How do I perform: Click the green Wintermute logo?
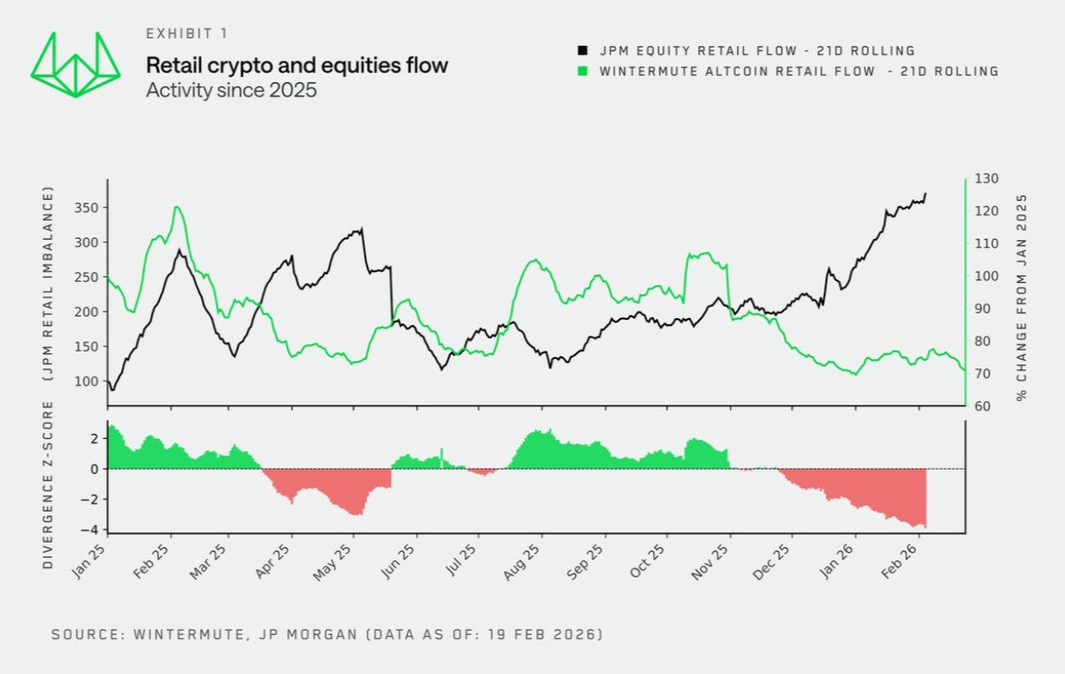75,65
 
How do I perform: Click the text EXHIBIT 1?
187,33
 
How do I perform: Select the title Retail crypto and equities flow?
297,65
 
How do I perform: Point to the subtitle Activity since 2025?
231,90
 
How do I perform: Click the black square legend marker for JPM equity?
583,51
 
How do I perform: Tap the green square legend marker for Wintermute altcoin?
583,71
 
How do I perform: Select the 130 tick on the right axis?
987,179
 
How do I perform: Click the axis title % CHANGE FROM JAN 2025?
1023,298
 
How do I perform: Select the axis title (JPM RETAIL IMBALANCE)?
49,284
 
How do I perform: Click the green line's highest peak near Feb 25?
177,207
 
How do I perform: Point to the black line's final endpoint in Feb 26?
925,193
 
